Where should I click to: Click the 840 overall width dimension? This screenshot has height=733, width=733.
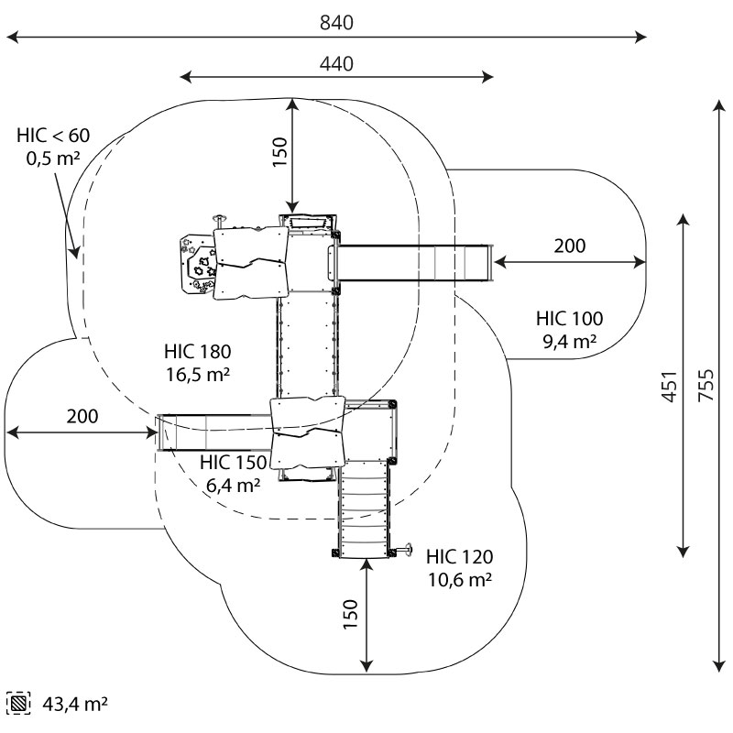click(336, 22)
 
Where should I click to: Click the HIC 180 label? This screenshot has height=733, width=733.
click(197, 351)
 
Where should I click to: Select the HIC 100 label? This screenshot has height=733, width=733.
click(569, 319)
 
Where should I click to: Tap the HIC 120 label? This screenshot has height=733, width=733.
click(459, 556)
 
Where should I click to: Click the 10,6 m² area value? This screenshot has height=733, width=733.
click(459, 579)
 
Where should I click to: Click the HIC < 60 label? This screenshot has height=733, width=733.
click(53, 136)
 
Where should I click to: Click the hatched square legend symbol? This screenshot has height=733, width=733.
click(18, 704)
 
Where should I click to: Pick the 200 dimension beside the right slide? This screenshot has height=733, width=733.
click(569, 246)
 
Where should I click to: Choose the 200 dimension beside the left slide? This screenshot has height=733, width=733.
click(82, 416)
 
